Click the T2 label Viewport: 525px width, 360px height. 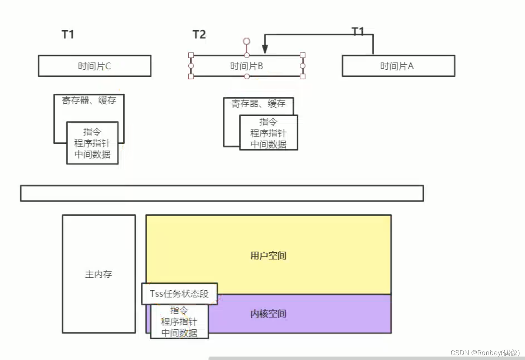tap(199, 34)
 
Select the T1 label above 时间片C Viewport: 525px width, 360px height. tap(68, 34)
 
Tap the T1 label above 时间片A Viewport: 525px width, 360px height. tap(358, 31)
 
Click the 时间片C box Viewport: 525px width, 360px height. tap(94, 66)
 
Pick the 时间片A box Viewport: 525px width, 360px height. tap(398, 66)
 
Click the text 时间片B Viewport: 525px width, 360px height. tap(246, 66)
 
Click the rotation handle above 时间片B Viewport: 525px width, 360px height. tap(247, 41)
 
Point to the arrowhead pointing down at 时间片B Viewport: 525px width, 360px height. tap(265, 49)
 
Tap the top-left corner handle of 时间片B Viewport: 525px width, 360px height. tap(191, 55)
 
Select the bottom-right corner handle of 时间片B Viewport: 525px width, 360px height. tap(303, 76)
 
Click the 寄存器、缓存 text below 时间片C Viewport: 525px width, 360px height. tap(89, 100)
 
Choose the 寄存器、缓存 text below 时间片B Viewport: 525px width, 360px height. tap(258, 104)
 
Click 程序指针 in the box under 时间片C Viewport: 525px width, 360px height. tap(92, 143)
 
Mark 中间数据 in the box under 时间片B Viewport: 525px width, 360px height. tap(268, 145)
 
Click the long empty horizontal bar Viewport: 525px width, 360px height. tap(222, 193)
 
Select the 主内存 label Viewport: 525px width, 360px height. tap(98, 274)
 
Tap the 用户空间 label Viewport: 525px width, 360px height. tap(268, 255)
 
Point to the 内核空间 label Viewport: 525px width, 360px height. tap(268, 314)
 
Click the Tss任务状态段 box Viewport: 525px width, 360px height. tap(180, 294)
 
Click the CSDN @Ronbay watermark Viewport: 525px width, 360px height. tap(485, 353)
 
